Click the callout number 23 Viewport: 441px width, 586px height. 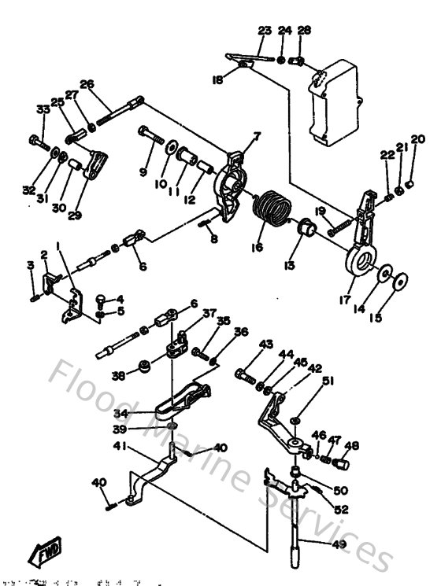coord(264,31)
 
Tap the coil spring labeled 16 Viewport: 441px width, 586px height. coord(272,210)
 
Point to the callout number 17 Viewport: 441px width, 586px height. coord(343,299)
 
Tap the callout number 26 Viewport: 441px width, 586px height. coord(87,84)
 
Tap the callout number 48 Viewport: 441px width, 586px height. coord(351,446)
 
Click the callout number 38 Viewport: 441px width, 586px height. coord(117,374)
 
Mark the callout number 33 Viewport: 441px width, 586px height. coord(42,110)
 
